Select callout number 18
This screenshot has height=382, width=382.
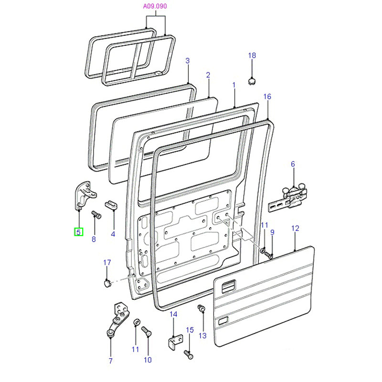point(252,56)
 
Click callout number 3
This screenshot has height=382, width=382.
point(188,61)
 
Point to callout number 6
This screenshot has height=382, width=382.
point(293,164)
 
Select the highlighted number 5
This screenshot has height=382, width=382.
point(78,233)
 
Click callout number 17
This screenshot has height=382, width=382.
point(107,262)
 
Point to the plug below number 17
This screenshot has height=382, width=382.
point(107,283)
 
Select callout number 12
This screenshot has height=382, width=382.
point(295,229)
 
